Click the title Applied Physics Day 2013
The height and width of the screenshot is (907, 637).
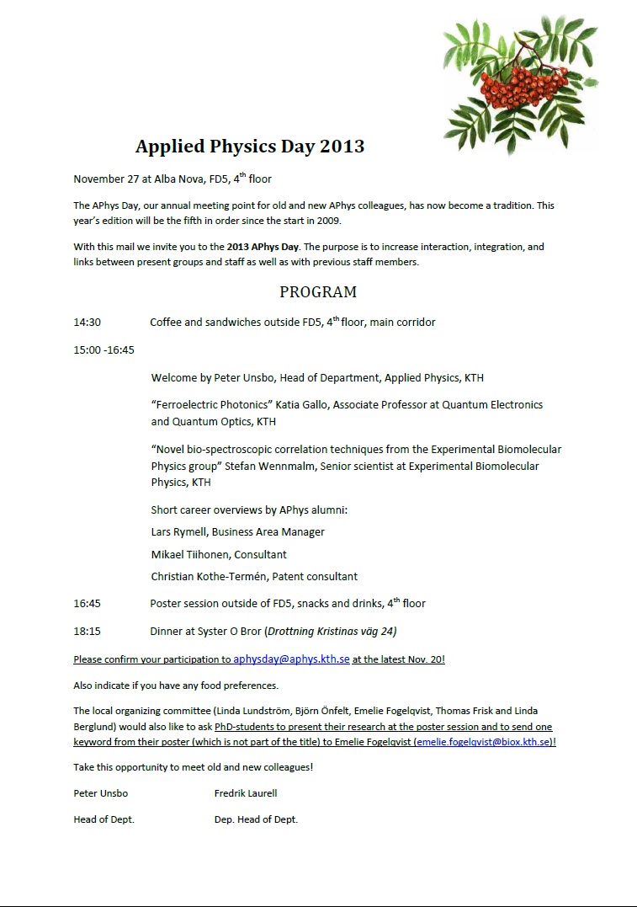[x=250, y=146]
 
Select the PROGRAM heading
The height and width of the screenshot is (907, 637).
[x=318, y=292]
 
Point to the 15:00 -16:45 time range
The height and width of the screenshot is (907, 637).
[x=104, y=349]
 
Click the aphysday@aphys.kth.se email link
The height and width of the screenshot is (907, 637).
[x=291, y=659]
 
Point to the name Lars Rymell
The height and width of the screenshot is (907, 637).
[x=178, y=532]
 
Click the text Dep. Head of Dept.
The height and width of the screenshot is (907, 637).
[x=256, y=819]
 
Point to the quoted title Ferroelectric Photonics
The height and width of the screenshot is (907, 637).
[x=221, y=405]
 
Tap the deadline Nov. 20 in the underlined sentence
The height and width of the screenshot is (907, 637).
[x=428, y=659]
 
